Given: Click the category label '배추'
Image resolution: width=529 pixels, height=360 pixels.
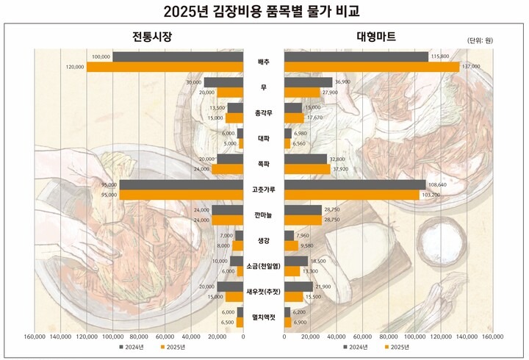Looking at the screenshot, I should point(263,62).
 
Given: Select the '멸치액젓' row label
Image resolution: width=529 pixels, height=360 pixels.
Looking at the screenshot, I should point(263,317).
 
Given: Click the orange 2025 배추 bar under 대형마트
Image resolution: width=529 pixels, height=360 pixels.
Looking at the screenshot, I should point(372,67).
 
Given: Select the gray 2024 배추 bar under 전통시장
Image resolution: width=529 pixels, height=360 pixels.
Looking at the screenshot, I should point(178,57).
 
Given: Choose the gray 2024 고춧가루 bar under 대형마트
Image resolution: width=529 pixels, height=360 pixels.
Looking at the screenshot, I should point(354,184).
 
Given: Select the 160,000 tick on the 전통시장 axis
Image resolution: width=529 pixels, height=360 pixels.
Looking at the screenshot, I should point(35,337).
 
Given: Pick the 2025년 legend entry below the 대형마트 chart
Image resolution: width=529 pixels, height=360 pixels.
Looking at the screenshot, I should point(395,347).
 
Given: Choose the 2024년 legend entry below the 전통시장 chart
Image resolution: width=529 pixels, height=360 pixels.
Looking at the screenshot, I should point(129,347).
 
